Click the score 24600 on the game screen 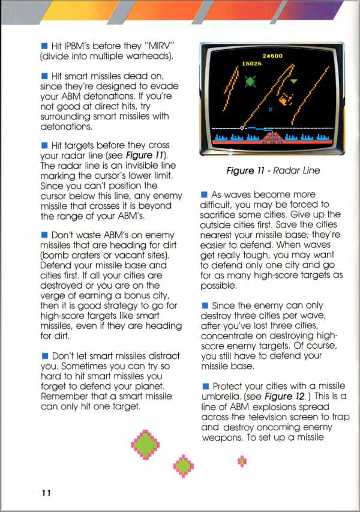pyautogui.click(x=273, y=56)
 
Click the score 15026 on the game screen pyautogui.click(x=251, y=63)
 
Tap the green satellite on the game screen pyautogui.click(x=250, y=78)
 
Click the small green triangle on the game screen pyautogui.click(x=294, y=80)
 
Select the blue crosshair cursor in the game pyautogui.click(x=271, y=109)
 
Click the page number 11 pyautogui.click(x=46, y=493)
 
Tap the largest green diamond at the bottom pyautogui.click(x=145, y=444)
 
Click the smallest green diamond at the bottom pyautogui.click(x=242, y=460)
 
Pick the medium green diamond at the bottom pyautogui.click(x=184, y=464)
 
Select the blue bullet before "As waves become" pyautogui.click(x=205, y=194)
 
